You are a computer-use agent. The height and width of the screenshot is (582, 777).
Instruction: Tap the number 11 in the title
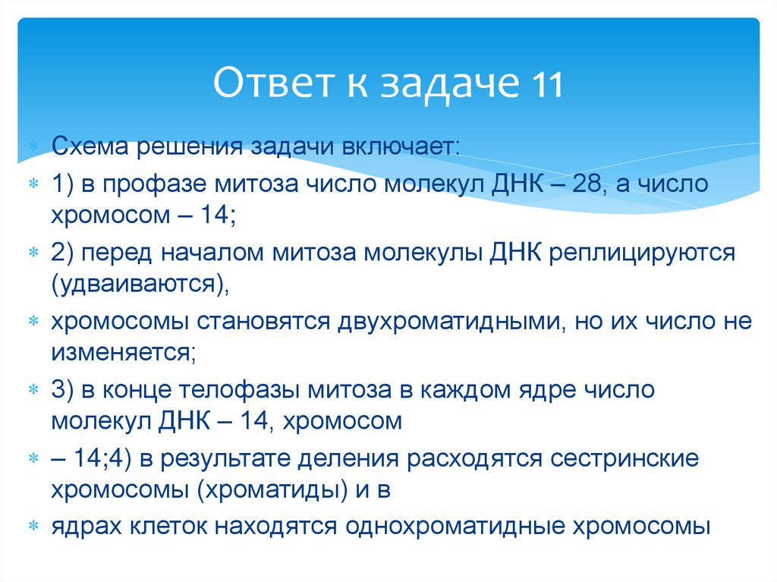(545, 84)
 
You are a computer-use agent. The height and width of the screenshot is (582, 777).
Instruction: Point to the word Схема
(92, 145)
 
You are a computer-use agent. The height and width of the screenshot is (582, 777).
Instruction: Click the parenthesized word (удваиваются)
(141, 283)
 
